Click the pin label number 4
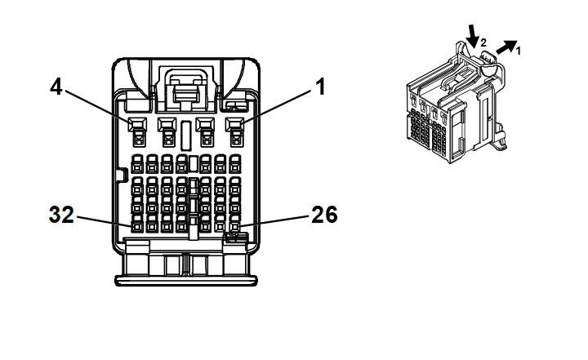(56, 87)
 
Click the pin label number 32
(61, 216)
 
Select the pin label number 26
(323, 215)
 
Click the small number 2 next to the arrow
(483, 42)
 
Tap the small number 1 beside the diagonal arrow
(518, 51)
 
